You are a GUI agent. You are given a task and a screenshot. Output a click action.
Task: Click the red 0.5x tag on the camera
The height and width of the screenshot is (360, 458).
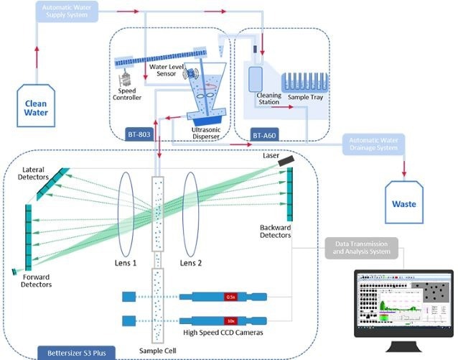[231, 296]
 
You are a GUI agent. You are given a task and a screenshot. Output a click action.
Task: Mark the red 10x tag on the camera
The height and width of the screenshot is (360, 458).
[231, 319]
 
